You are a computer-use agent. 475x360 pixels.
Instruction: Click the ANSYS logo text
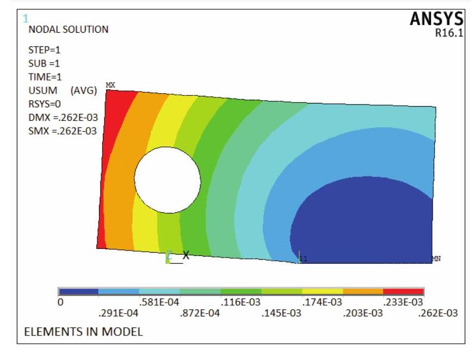[436, 20]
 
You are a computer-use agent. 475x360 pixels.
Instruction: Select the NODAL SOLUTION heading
[68, 29]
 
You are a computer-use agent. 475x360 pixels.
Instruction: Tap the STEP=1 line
[44, 50]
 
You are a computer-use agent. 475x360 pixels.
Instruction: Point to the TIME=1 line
[45, 77]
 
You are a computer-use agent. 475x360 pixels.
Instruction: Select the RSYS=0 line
[45, 104]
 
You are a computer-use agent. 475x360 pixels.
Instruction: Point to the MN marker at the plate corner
[436, 259]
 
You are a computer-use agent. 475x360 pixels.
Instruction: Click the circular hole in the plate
[168, 180]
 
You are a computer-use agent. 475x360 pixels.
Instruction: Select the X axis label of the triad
[186, 255]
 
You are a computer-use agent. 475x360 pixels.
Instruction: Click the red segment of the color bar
[403, 291]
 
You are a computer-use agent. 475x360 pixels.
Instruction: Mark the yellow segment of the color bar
[322, 291]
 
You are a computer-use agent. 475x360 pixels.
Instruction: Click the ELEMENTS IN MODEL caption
[83, 332]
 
